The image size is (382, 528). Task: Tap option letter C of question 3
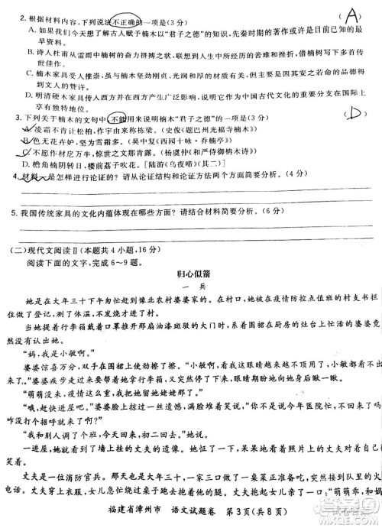pyautogui.click(x=27, y=152)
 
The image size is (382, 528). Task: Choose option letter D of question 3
pyautogui.click(x=27, y=164)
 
